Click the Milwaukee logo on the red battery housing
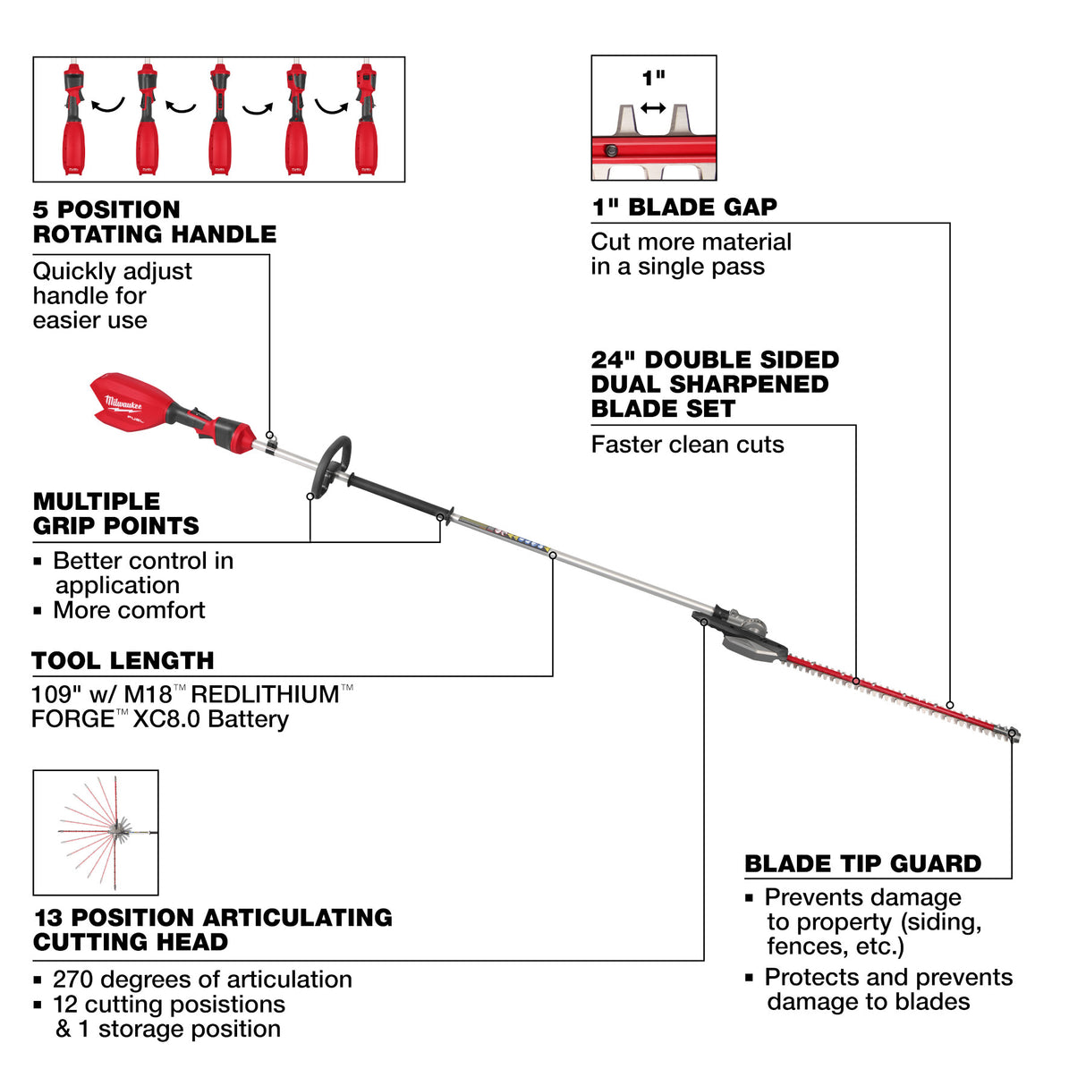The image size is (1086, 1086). pos(123,403)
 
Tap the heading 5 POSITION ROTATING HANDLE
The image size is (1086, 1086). pos(154,222)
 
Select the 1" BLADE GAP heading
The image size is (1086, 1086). pos(684,208)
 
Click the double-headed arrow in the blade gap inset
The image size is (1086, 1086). pos(653,108)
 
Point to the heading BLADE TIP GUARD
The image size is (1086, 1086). pos(862,864)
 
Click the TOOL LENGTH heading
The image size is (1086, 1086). pos(123,661)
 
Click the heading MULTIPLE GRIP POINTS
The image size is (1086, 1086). pos(115,513)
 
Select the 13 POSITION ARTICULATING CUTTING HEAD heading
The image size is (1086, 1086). pos(212,930)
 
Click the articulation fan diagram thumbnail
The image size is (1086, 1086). pos(96,832)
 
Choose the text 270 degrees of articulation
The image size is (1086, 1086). pos(202,980)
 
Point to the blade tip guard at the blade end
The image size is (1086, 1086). pos(1013,734)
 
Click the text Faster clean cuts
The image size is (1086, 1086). pos(687,445)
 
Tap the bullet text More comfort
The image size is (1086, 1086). pos(129,611)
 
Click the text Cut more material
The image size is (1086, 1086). pos(691,242)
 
